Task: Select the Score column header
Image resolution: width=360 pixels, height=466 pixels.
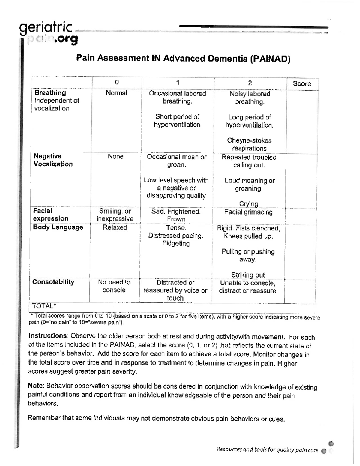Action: click(x=302, y=84)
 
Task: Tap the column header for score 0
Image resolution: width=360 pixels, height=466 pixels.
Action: click(x=117, y=83)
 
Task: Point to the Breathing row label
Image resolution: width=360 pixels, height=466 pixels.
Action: click(x=50, y=93)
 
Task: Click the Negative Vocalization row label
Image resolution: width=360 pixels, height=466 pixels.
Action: click(x=53, y=160)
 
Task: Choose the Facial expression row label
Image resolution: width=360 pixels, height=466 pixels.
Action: click(x=51, y=215)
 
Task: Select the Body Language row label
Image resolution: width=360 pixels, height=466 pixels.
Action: click(x=58, y=227)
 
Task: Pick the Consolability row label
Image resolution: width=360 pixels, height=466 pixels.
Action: click(x=53, y=282)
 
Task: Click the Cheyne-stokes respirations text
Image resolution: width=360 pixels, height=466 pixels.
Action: click(x=249, y=144)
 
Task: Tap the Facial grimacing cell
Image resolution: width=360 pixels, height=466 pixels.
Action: click(x=248, y=212)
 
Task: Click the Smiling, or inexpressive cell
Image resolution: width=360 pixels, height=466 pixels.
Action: click(x=115, y=215)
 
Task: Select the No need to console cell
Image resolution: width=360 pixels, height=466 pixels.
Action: click(x=114, y=286)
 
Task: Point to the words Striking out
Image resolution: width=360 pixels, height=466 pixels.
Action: click(x=248, y=275)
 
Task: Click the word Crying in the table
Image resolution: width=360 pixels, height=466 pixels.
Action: click(x=248, y=204)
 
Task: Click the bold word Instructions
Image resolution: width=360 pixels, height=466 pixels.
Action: click(x=47, y=336)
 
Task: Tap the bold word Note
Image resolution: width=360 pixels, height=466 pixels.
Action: click(x=36, y=386)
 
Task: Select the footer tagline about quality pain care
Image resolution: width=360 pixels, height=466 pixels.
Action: click(x=267, y=449)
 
